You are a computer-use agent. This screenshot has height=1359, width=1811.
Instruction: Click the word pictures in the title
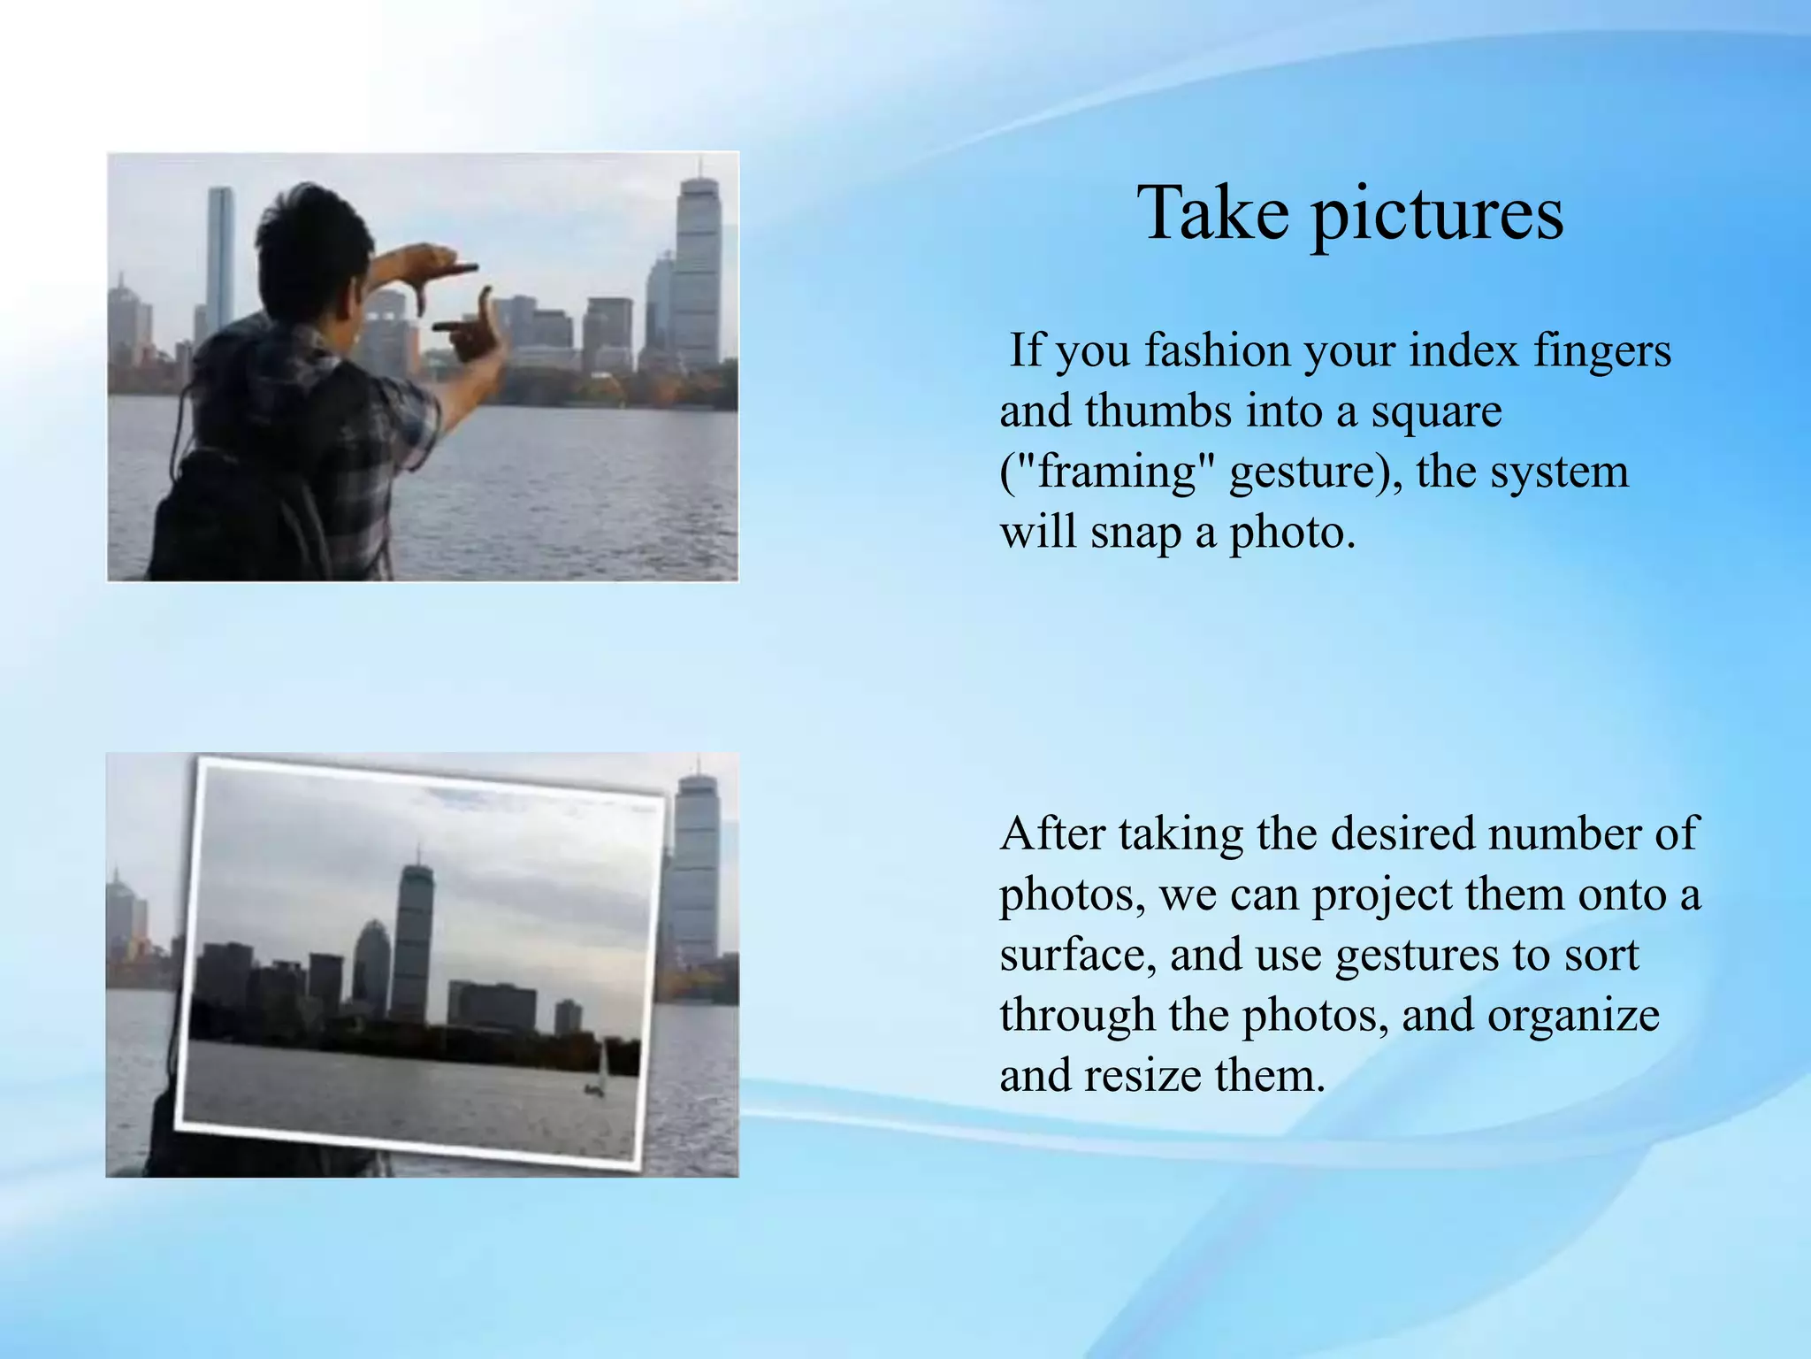pos(1438,215)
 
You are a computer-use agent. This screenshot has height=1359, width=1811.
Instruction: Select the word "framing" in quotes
pos(1106,472)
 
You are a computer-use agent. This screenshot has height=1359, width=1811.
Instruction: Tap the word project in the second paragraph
pos(1381,895)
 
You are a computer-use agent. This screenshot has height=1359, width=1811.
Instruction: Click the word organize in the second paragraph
pos(1573,1017)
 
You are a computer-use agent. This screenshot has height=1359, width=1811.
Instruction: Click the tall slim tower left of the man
pos(220,257)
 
